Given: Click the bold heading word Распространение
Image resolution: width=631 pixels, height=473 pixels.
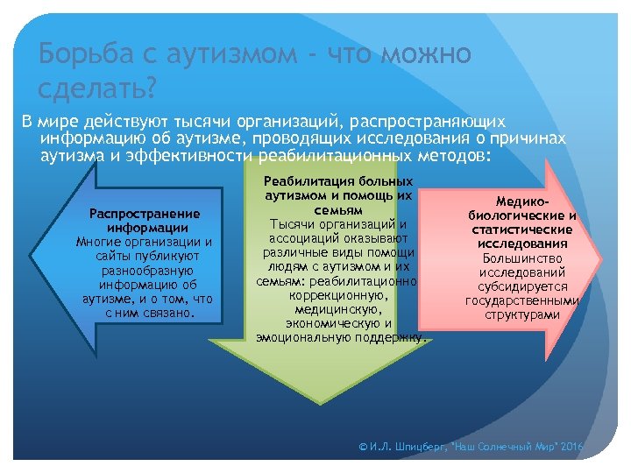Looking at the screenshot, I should pyautogui.click(x=145, y=213).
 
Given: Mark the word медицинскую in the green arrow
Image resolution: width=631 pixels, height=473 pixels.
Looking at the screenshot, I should pyautogui.click(x=337, y=308).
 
